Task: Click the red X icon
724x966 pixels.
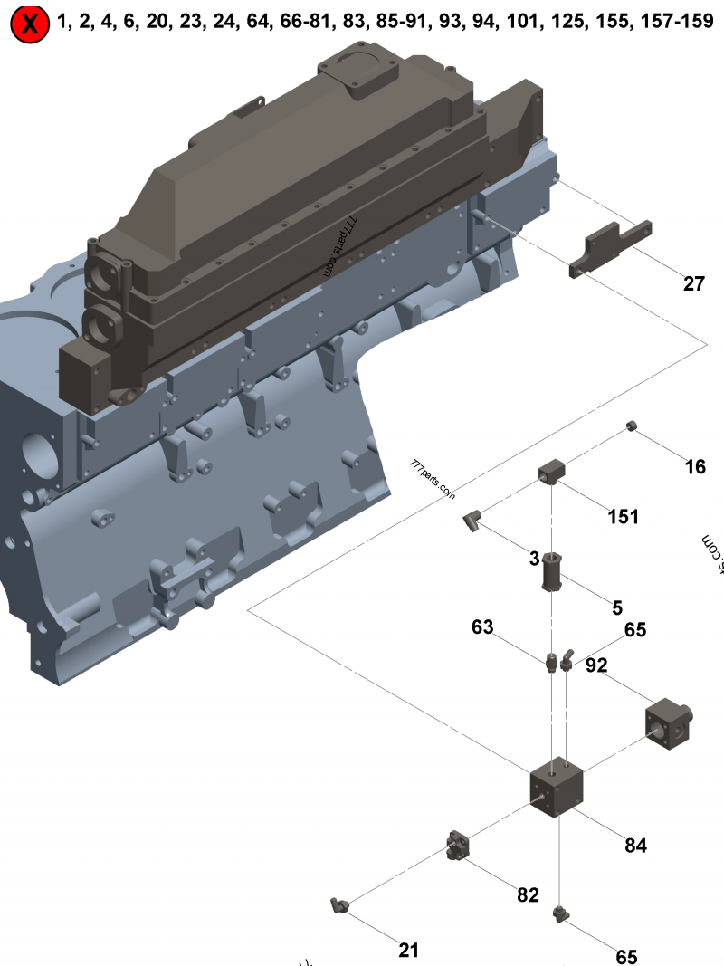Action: (x=30, y=24)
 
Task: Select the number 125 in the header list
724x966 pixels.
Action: (x=562, y=22)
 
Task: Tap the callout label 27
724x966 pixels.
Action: (x=693, y=284)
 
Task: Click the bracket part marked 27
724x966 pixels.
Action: (x=611, y=247)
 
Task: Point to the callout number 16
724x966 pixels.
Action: (x=694, y=467)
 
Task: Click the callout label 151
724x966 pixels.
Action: (x=623, y=517)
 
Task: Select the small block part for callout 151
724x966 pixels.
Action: (x=551, y=472)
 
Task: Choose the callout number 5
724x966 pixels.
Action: (x=617, y=607)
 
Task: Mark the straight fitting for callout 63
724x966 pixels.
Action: (x=549, y=663)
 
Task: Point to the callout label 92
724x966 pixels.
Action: (x=596, y=665)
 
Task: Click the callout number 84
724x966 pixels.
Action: (x=636, y=846)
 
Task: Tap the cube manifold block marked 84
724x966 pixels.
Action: (x=557, y=784)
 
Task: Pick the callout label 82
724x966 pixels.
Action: (x=528, y=894)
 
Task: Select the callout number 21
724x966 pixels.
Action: (x=409, y=950)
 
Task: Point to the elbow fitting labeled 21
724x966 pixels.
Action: (x=338, y=904)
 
